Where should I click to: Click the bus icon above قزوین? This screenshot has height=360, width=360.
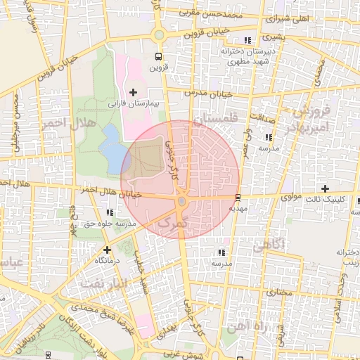click(x=158, y=57)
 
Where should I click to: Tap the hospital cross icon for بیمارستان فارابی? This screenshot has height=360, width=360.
click(x=133, y=92)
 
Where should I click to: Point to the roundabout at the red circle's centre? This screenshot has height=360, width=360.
click(x=181, y=202)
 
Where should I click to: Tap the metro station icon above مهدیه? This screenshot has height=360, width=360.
click(x=238, y=198)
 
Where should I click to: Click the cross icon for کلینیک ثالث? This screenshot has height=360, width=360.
click(x=325, y=188)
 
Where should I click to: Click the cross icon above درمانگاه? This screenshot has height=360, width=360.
click(x=107, y=250)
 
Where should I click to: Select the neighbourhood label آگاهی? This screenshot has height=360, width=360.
click(x=268, y=245)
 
